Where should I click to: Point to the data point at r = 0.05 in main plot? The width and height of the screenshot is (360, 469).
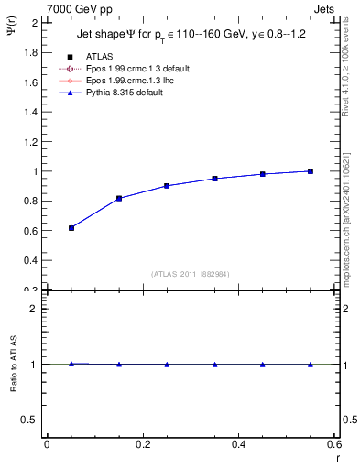[x=71, y=228]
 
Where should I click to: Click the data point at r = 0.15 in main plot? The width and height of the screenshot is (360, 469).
[x=119, y=198]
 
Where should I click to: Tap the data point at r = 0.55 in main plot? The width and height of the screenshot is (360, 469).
[x=311, y=171]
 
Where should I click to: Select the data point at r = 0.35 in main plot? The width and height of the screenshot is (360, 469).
[x=215, y=179]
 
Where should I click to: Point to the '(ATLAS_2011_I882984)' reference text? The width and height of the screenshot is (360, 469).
[x=190, y=273]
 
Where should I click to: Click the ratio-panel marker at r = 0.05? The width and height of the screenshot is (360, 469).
[x=71, y=364]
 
